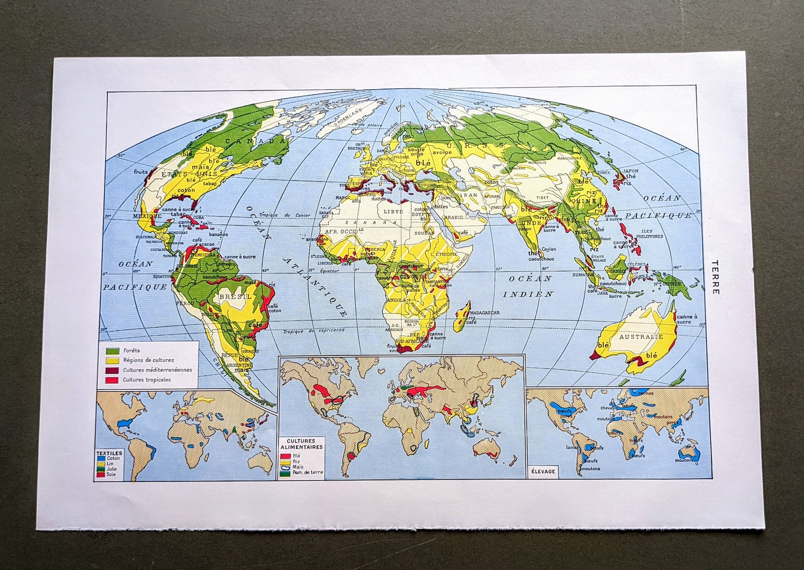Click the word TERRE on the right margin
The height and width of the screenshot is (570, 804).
[x=715, y=277]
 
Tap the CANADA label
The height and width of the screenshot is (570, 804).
[x=256, y=141]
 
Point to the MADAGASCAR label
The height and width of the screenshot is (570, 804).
[x=485, y=312]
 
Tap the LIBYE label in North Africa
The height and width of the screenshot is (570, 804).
[x=395, y=211]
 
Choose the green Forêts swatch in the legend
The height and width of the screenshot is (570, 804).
[x=112, y=350]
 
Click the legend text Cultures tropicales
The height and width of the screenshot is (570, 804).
[x=147, y=380]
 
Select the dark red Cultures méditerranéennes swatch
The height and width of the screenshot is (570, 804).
[x=112, y=370]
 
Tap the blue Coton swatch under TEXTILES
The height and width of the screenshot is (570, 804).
[x=101, y=459]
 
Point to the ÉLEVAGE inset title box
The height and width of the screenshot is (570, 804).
[x=543, y=471]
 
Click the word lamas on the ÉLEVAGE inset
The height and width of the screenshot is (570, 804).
[x=572, y=447]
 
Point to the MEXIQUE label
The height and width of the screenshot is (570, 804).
[x=143, y=216]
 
